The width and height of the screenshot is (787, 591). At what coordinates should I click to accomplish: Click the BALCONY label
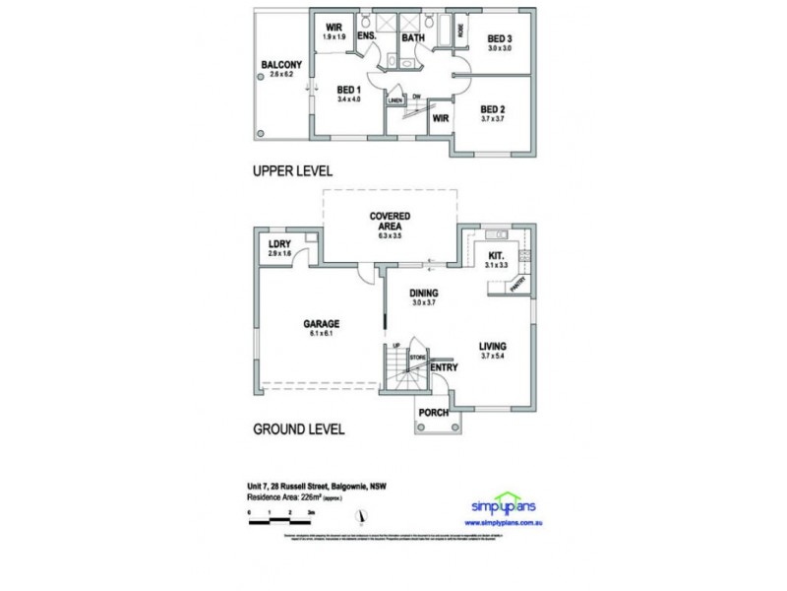point(280,66)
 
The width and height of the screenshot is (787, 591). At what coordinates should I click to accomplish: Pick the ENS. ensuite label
point(368,38)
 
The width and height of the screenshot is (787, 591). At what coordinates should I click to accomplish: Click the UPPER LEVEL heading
point(293,170)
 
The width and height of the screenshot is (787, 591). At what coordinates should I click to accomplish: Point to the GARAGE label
point(321,323)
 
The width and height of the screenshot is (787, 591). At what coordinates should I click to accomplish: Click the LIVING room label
point(492,346)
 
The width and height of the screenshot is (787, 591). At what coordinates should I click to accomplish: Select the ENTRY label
point(446,367)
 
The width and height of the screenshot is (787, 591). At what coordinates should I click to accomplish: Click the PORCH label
point(434,412)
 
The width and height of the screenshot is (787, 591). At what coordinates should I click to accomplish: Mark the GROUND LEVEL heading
point(298,429)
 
